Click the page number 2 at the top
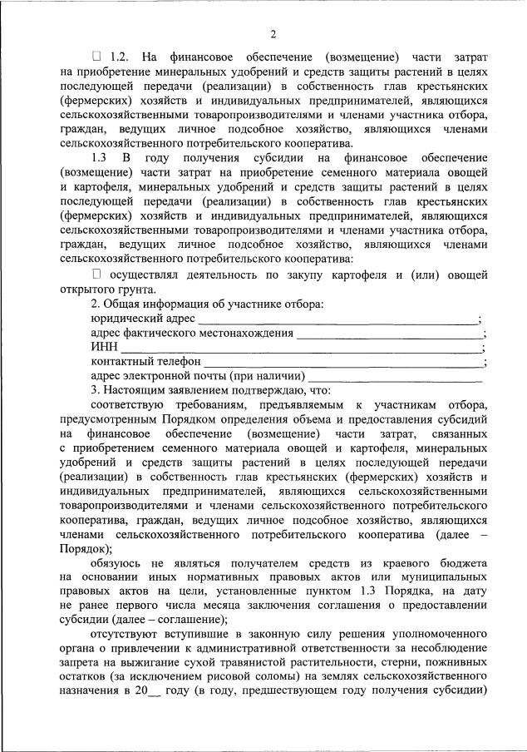point(273,34)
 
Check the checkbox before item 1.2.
point(96,57)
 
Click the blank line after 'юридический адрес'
point(337,319)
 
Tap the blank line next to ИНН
point(301,349)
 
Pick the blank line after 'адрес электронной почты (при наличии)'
point(396,379)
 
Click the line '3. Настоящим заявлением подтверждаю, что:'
point(212,391)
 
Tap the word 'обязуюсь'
point(120,565)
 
